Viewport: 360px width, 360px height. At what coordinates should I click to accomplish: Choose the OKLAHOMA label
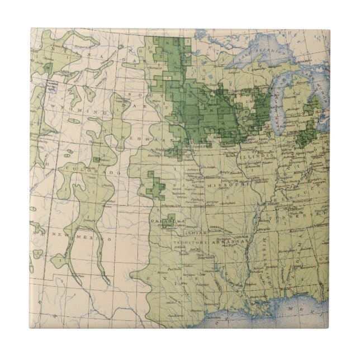pos(167,223)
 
